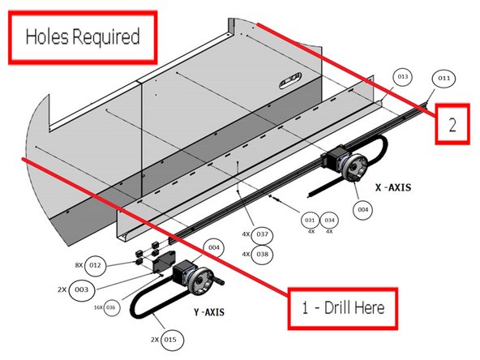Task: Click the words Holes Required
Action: tap(83, 36)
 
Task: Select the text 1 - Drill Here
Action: tap(344, 307)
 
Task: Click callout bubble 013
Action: tap(402, 76)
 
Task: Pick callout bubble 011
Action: tap(444, 79)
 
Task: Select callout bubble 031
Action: tap(310, 220)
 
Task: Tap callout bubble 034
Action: tap(329, 220)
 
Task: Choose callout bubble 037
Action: tap(262, 234)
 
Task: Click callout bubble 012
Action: tap(96, 265)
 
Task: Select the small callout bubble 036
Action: tap(111, 307)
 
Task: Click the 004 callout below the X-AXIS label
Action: tap(364, 209)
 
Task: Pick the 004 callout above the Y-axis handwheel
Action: tap(214, 247)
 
